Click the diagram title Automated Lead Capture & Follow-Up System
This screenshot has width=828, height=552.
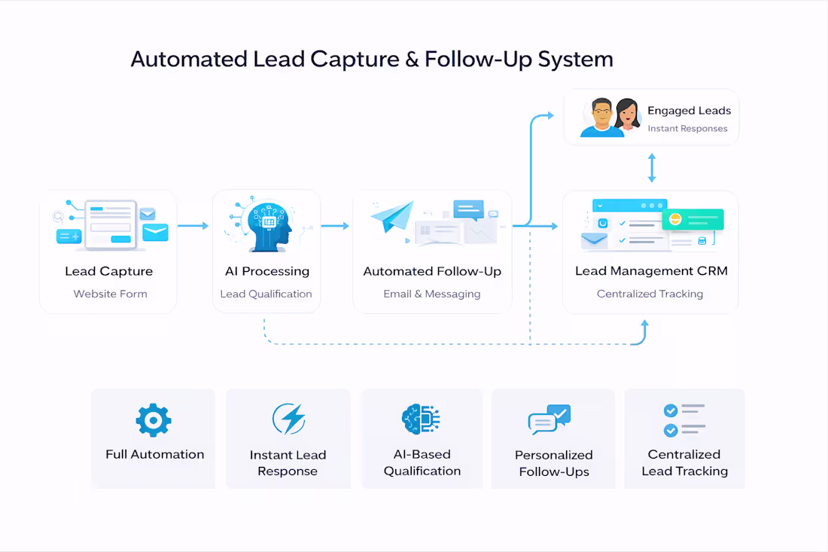coord(372,59)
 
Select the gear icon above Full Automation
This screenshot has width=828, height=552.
coord(154,420)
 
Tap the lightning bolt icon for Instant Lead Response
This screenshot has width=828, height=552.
coord(288,419)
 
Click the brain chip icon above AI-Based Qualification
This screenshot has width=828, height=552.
coord(421,419)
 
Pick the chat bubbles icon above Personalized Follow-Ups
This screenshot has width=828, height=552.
coord(549,419)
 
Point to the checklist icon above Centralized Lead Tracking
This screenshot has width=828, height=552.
coord(683,420)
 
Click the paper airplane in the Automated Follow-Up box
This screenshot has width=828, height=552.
coord(394,215)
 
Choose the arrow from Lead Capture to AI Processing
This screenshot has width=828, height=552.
coord(193,225)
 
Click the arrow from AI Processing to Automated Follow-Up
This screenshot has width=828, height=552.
coord(335,225)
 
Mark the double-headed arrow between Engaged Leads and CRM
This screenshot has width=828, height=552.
coord(652,167)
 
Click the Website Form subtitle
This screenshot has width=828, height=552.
coord(110,294)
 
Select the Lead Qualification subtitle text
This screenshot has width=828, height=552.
coord(266,294)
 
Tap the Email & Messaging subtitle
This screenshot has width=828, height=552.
coord(431,294)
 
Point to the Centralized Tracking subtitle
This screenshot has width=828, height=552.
coord(650,294)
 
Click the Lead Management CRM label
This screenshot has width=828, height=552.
coord(651,271)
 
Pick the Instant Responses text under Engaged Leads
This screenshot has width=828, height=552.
coord(687,129)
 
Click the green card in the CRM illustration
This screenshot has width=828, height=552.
coord(693,219)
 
